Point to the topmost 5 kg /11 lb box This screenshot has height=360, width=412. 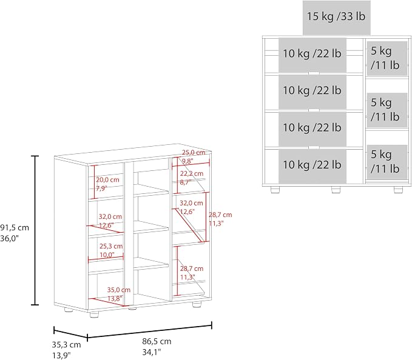click(x=387, y=58)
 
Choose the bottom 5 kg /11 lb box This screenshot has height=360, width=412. click(x=387, y=162)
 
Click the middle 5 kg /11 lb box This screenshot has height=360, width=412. click(x=387, y=110)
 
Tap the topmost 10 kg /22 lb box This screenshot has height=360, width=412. click(x=312, y=55)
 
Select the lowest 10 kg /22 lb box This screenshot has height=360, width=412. click(x=312, y=166)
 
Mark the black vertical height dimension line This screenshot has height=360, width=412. click(x=35, y=230)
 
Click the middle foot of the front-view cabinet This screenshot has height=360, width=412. click(x=336, y=190)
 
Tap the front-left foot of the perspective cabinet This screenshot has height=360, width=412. click(x=94, y=315)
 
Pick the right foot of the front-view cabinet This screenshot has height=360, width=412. click(x=398, y=190)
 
